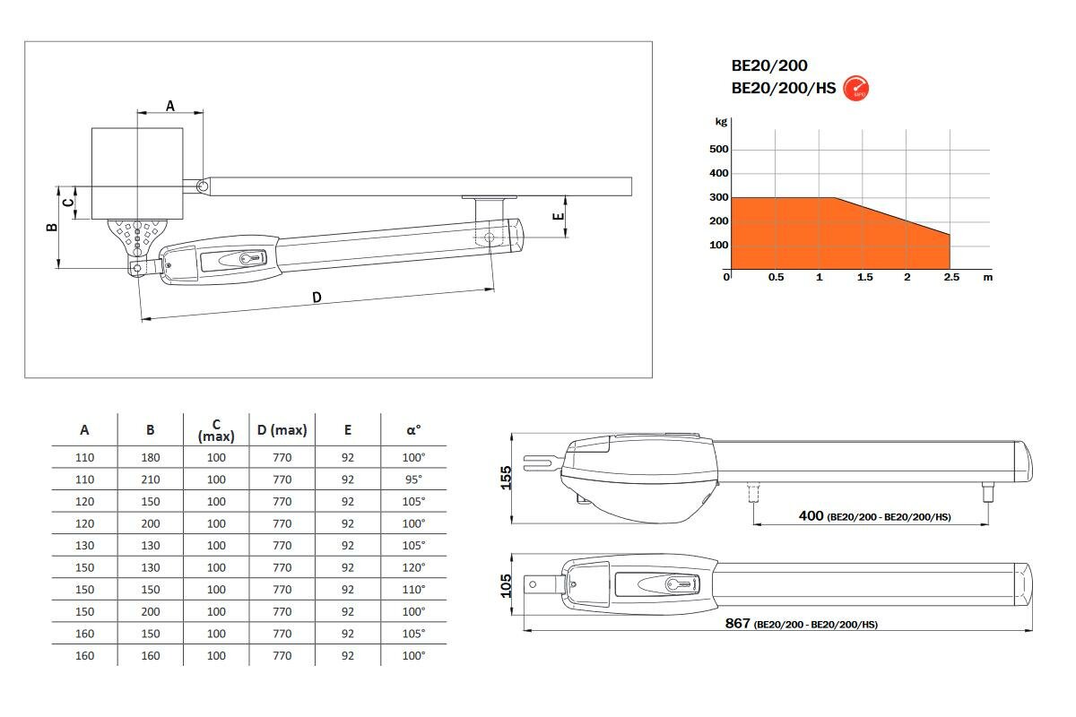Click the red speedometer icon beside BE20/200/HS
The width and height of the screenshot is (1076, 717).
(855, 89)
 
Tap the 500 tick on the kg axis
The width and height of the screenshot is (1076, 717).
(718, 150)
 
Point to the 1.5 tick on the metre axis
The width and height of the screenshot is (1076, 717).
(864, 277)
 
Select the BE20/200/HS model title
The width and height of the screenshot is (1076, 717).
(784, 89)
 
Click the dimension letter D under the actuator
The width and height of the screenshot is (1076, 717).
(317, 298)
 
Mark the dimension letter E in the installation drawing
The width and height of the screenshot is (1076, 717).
(558, 216)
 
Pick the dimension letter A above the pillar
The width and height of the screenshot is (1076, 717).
(170, 106)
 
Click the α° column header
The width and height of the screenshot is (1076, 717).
(413, 430)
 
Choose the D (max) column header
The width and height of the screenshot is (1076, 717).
(282, 430)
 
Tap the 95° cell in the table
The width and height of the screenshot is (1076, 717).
(413, 479)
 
